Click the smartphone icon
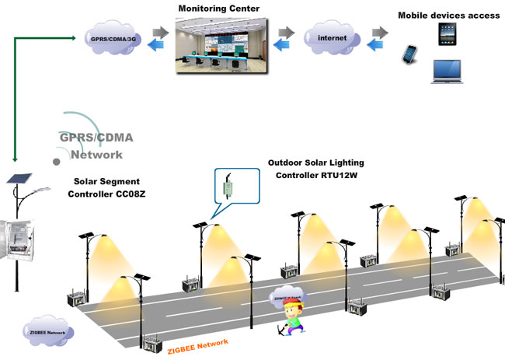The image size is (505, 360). [x=409, y=54]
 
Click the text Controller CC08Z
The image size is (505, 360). [x=110, y=193]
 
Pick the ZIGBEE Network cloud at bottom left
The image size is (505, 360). [x=48, y=330]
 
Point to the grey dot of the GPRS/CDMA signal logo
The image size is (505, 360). [x=56, y=161]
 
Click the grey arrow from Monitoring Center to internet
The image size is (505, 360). [x=287, y=32]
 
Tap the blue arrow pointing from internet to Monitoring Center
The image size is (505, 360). [x=287, y=44]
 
